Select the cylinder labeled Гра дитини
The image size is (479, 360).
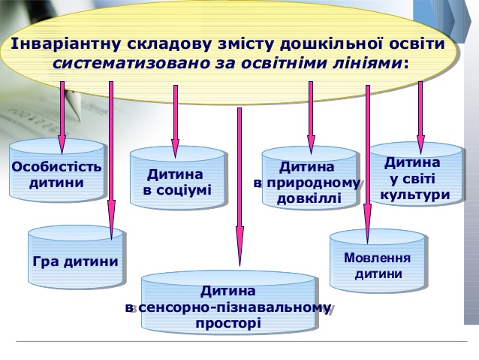coord(76,259)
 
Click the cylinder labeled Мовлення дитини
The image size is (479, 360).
coord(378,265)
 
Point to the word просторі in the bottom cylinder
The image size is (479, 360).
coord(228,323)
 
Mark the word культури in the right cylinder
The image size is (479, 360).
coord(415,195)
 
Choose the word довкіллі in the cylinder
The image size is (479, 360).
coord(309,199)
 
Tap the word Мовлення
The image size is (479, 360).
coord(378,258)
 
